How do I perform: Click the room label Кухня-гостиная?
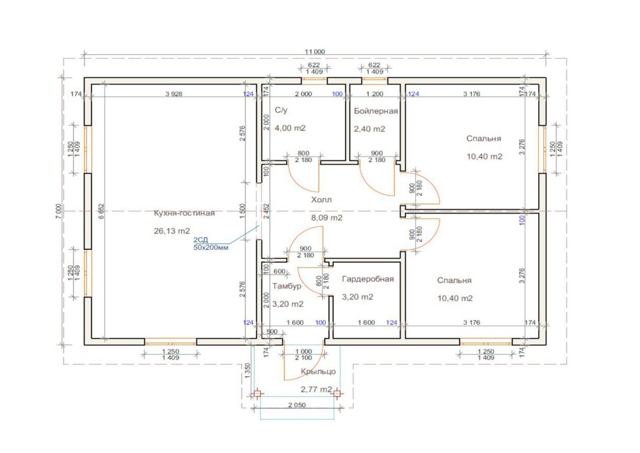[184, 213]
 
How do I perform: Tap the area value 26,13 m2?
[172, 231]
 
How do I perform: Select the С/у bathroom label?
[281, 110]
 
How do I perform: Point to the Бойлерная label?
[376, 111]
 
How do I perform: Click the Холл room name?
[322, 199]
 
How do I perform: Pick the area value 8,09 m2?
[327, 218]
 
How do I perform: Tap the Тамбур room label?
[287, 286]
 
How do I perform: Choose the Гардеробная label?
[368, 279]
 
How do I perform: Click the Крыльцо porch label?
[318, 371]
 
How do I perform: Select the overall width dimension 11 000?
[315, 52]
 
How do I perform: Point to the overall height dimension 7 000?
[58, 211]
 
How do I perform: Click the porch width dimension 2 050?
[297, 405]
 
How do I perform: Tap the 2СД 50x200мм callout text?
[211, 244]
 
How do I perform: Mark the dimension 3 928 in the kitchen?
[174, 94]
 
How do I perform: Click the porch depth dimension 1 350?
[248, 370]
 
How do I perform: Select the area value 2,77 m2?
[316, 389]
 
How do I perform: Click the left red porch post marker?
[257, 394]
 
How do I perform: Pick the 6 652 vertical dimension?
[102, 211]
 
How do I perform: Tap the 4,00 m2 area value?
[290, 128]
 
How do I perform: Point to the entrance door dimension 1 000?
[303, 351]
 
